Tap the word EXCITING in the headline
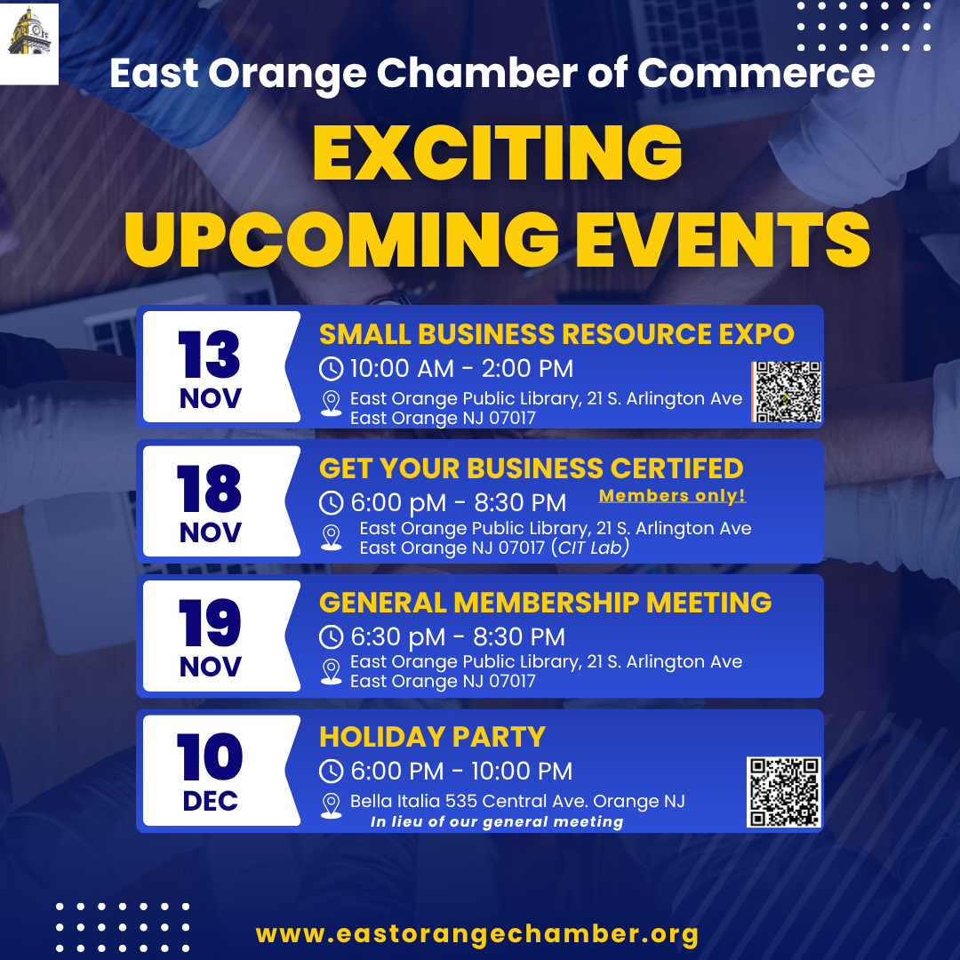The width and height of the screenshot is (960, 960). click(x=497, y=153)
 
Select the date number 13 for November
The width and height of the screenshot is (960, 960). click(x=210, y=354)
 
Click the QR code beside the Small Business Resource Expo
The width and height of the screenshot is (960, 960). click(x=787, y=392)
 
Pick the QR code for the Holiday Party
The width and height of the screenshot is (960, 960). click(x=784, y=792)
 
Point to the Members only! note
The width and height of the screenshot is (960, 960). click(x=672, y=495)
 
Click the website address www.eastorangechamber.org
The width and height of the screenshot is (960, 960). click(x=477, y=934)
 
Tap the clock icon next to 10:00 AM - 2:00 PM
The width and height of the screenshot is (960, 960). click(x=332, y=369)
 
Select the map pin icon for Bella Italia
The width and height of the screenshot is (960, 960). click(x=332, y=805)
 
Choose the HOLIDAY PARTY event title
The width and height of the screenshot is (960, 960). click(x=432, y=737)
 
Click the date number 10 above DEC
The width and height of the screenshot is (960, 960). click(x=210, y=757)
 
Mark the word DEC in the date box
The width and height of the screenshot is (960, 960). click(x=210, y=801)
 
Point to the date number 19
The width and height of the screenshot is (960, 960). click(x=210, y=622)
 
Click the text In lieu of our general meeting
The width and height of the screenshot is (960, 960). click(x=497, y=821)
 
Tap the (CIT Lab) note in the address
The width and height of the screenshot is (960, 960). click(x=589, y=548)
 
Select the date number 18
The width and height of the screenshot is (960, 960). click(x=210, y=488)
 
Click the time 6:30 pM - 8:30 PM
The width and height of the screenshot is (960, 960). click(x=458, y=636)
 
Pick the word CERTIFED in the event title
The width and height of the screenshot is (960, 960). click(x=676, y=468)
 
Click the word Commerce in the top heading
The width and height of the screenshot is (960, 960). click(x=756, y=73)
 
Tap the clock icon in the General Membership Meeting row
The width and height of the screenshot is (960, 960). click(x=332, y=636)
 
